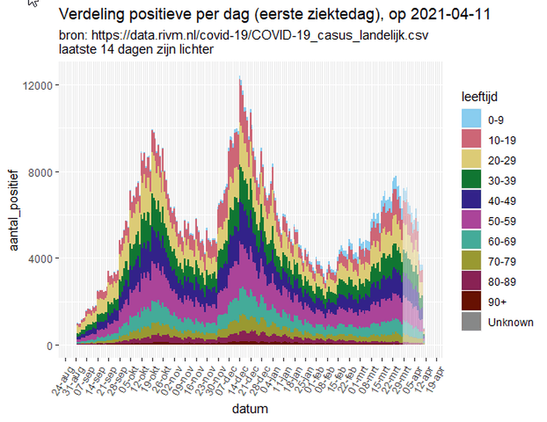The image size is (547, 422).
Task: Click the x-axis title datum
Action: tap(250, 409)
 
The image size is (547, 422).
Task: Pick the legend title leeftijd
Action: tap(478, 97)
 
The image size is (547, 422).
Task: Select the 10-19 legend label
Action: tap(500, 140)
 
